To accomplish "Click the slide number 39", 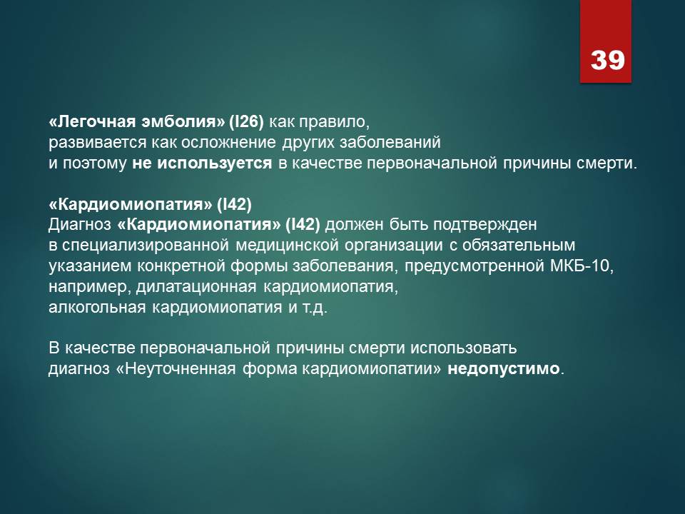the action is tap(608, 60).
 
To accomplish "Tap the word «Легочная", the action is tap(92, 121).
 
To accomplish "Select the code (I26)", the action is tap(246, 121).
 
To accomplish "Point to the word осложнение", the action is tap(228, 143).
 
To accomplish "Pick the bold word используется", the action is tap(215, 163).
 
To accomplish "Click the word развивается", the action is tap(98, 143).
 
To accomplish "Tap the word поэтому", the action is tap(94, 163).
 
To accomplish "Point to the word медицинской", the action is tap(288, 245).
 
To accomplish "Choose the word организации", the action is tap(394, 246).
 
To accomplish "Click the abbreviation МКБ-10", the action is tap(582, 266).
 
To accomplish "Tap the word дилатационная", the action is tap(196, 287).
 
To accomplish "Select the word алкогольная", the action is tap(97, 307).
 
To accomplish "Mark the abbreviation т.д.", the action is tap(315, 308).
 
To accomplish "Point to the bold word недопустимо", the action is tap(504, 369).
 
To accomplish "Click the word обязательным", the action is tap(519, 245).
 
